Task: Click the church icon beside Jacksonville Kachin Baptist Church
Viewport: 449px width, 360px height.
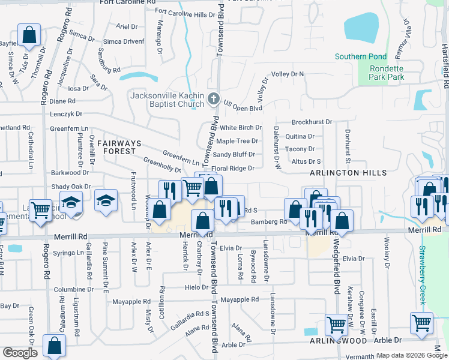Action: tap(213, 98)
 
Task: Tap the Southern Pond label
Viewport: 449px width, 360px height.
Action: tap(360, 57)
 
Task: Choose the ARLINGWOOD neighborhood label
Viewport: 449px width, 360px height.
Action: tap(338, 341)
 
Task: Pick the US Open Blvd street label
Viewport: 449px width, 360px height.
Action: tap(243, 108)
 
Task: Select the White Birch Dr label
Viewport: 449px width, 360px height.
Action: tap(241, 128)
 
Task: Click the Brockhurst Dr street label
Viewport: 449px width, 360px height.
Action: tap(312, 122)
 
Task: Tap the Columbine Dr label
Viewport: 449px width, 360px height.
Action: tap(74, 289)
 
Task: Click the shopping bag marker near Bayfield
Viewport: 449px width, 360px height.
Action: tap(29, 35)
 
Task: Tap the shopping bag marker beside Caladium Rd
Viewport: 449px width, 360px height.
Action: tap(54, 346)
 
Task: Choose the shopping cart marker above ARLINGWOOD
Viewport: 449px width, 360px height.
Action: tap(336, 325)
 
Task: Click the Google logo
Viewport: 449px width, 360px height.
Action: tap(20, 353)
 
